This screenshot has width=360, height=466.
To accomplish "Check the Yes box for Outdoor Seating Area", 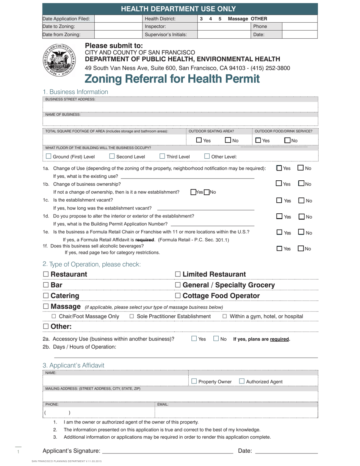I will pos(199,140).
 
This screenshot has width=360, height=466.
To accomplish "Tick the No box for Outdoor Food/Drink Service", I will pos(288,140).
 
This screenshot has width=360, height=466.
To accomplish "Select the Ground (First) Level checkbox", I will pos(49,156).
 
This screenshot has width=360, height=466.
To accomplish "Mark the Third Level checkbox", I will pos(162,156).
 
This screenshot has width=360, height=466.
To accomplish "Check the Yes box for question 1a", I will pos(279,168).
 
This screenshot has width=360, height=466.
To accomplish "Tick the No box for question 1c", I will pos(301,200).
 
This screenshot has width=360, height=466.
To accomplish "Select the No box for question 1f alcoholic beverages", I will pos(301,249).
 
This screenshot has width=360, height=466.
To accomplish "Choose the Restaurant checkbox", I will pos(46,274).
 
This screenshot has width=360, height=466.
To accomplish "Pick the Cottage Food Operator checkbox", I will pos(178,296).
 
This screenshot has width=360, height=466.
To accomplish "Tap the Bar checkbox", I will pos(46,285).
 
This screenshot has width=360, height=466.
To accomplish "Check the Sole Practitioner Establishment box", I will pos(132,316).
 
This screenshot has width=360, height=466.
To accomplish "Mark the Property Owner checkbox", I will pos(194,381).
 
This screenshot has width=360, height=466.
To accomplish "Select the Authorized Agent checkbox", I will pos(242,381).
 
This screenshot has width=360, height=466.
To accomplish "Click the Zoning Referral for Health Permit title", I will pos(172,79).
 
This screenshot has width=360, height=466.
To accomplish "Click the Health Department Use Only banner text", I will pos(178,9).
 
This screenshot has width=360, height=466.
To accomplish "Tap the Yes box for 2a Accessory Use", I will pos(194,339).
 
